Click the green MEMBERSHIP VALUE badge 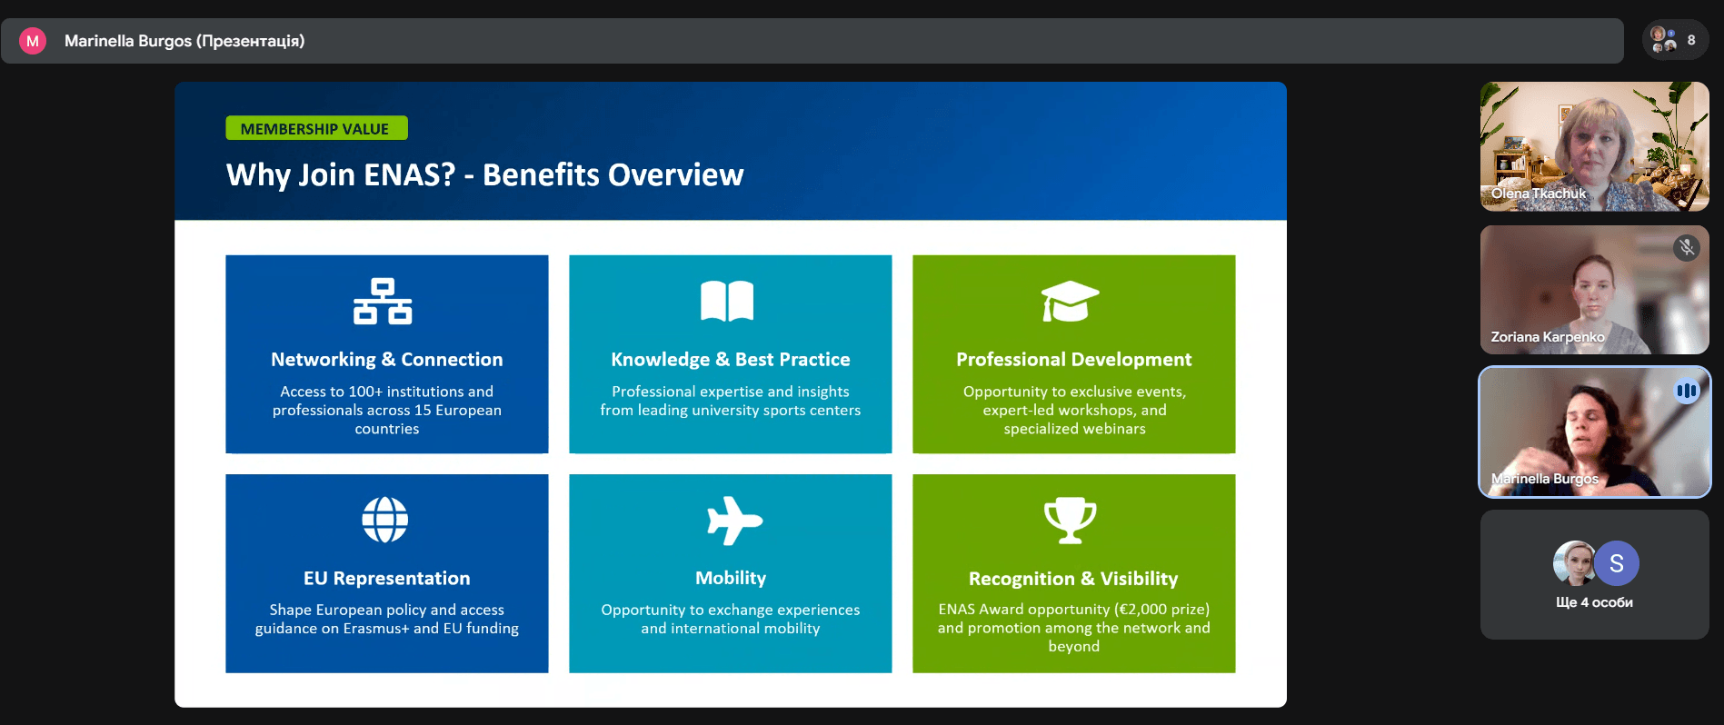tap(316, 128)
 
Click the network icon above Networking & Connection tap(383, 302)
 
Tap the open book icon tap(727, 301)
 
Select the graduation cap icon tap(1070, 302)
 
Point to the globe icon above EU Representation tap(385, 520)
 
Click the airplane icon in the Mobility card tap(734, 521)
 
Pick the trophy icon tap(1071, 521)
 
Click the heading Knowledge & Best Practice tap(731, 360)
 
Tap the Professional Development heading tap(1074, 360)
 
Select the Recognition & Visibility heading tap(1073, 579)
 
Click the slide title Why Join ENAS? tap(341, 174)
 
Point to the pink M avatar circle tap(33, 41)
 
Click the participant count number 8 tap(1691, 40)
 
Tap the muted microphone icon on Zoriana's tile tap(1687, 247)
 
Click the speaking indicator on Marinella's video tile tap(1687, 391)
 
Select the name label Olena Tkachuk tap(1539, 194)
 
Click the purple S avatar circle tap(1617, 563)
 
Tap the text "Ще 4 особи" tap(1594, 602)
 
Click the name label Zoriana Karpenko tap(1548, 337)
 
